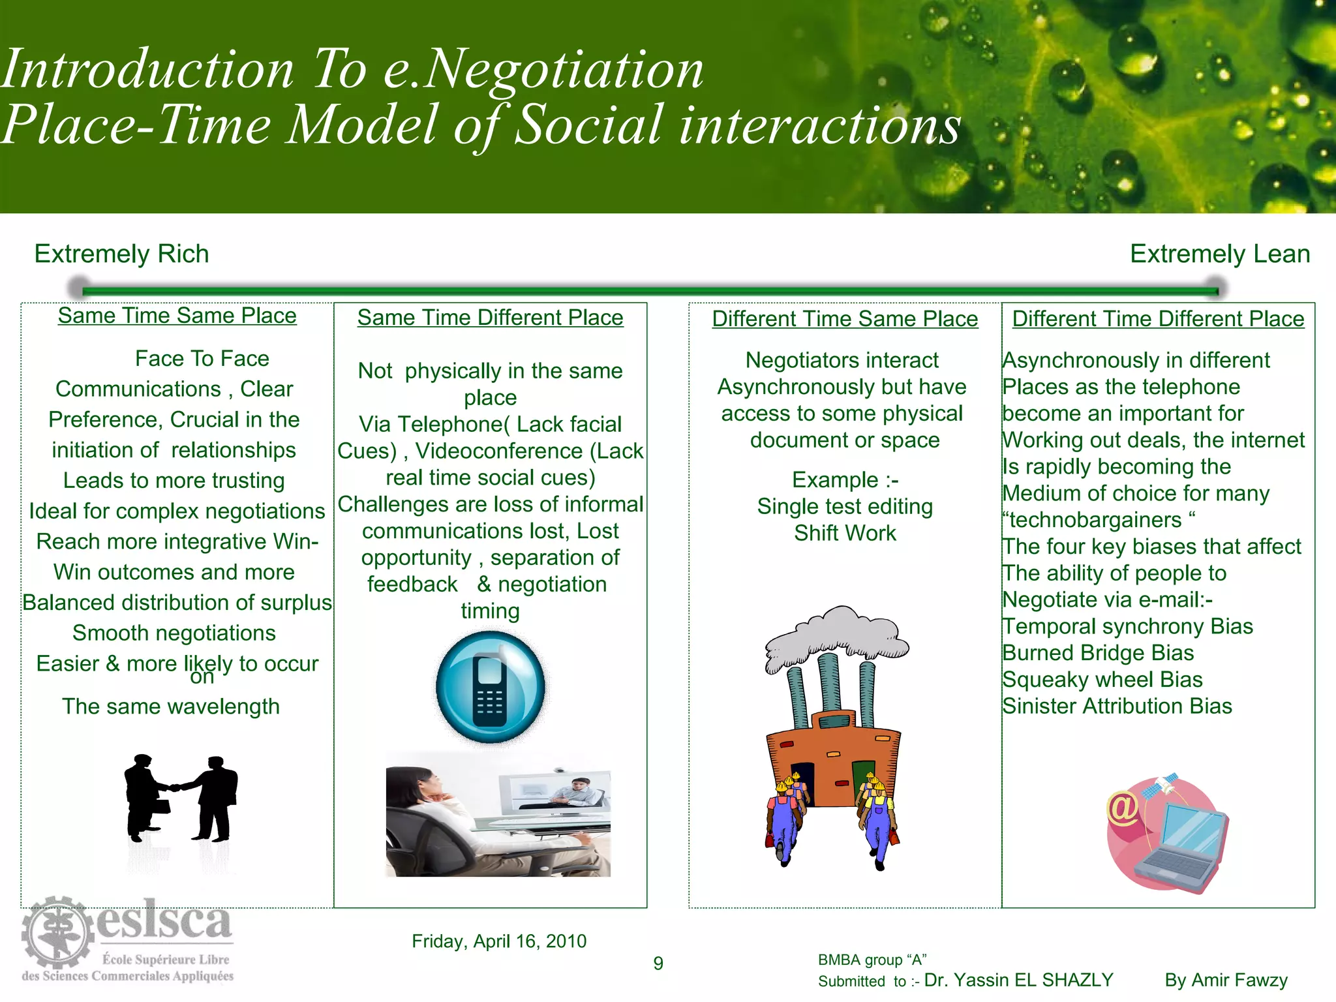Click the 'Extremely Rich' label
coord(121,254)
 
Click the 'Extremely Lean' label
coord(1219,254)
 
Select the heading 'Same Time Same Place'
coord(177,316)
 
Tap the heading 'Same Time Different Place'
coord(490,318)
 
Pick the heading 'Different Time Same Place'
coord(845,319)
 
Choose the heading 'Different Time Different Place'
coord(1158,319)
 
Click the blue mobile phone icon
coord(491,687)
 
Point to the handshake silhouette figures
coord(181,798)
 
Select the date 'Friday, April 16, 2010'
coord(499,941)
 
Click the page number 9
coord(658,964)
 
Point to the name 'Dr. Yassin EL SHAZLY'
coord(1018,980)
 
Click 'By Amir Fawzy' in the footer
coord(1226,980)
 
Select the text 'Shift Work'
coord(845,533)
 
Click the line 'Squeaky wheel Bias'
coord(1102,680)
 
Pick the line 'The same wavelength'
coord(171,706)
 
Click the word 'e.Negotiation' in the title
coord(543,69)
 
